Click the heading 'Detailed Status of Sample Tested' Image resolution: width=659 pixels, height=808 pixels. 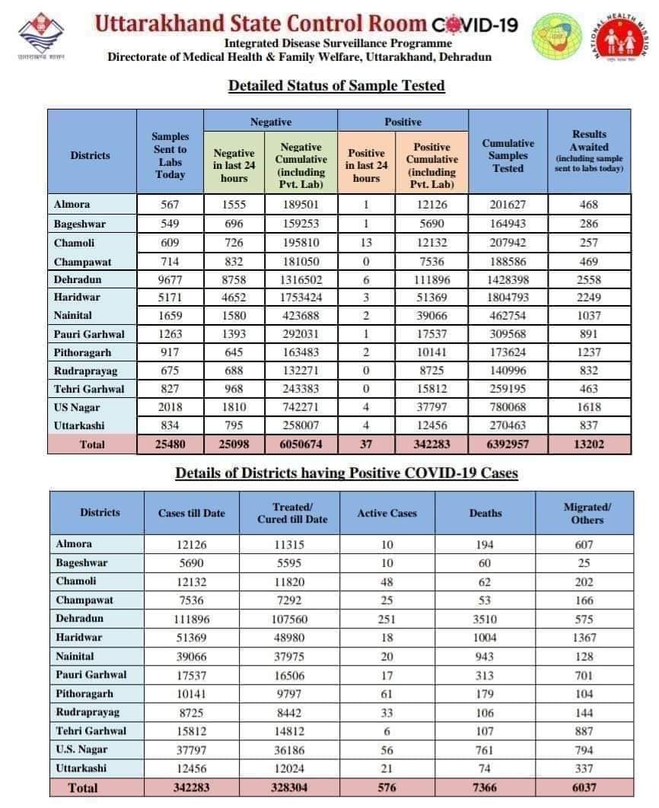336,86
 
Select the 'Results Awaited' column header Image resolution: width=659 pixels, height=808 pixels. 589,151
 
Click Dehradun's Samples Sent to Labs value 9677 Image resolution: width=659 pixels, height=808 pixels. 170,279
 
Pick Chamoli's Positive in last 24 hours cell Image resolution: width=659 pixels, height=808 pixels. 366,243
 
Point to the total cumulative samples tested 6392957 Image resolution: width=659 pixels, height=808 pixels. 508,444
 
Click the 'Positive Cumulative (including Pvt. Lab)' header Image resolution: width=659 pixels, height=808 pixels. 431,159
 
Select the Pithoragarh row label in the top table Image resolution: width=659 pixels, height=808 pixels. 82,352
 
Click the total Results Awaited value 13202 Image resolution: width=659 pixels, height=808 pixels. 589,444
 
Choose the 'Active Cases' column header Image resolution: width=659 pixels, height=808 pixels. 387,514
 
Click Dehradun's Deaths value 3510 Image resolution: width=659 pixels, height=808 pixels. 485,619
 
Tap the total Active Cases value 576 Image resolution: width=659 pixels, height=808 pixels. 387,787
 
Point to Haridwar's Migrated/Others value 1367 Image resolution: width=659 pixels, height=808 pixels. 584,638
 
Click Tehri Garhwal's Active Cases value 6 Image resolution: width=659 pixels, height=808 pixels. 387,731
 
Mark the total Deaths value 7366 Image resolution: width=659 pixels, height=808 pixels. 485,787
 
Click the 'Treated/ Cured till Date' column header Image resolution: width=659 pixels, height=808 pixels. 292,513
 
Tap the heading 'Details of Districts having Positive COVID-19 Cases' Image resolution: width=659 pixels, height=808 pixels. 346,473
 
